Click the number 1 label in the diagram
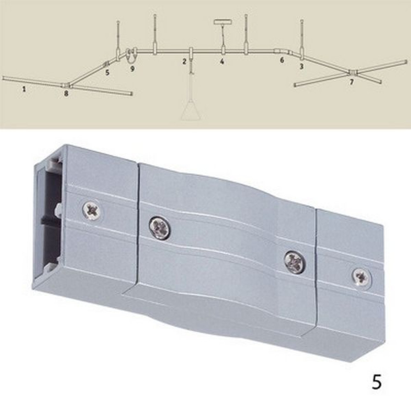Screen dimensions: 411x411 coord(24,89)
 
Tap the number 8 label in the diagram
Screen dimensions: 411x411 coord(66,95)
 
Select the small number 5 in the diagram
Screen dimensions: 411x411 coord(107,73)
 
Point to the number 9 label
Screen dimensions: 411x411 coord(132,69)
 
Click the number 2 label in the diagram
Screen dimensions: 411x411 coord(185,62)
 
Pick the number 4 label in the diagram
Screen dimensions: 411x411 coord(222,62)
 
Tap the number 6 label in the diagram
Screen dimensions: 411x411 coord(282,60)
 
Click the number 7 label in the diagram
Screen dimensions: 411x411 coord(351,82)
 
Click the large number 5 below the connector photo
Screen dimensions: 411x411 coord(376,382)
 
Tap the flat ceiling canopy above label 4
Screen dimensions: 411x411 coord(223,22)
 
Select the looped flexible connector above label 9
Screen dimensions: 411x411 coord(130,53)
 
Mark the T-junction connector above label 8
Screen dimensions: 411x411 coord(67,85)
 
